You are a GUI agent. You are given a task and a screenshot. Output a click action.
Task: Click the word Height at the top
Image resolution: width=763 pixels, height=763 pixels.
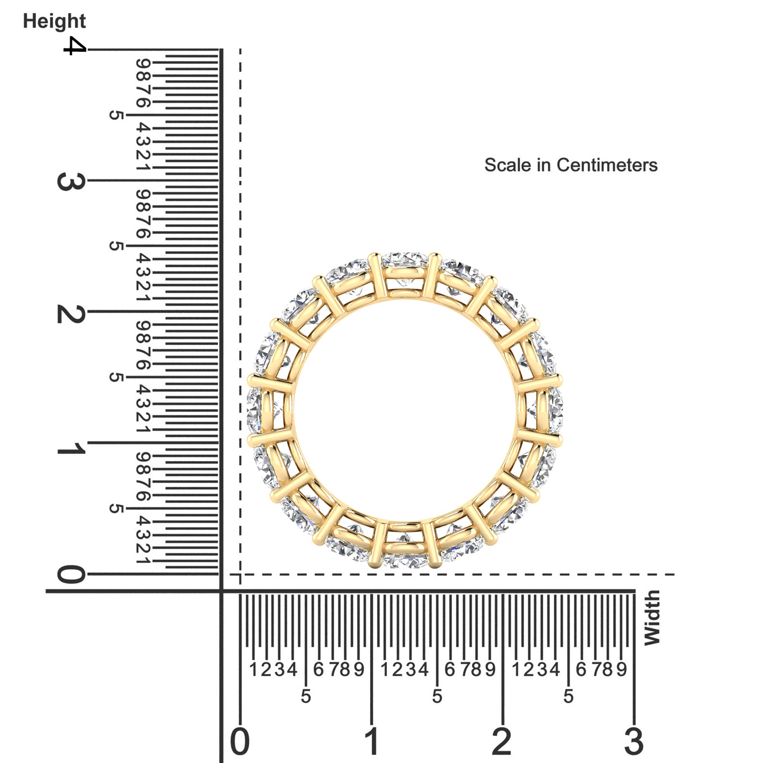click(54, 21)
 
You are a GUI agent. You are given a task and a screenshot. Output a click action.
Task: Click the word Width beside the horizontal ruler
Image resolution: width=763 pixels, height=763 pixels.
click(652, 618)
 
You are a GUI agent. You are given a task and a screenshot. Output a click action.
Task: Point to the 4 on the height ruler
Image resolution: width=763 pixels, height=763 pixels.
click(75, 46)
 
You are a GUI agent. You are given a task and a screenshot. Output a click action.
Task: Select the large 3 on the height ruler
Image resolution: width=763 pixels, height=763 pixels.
click(70, 181)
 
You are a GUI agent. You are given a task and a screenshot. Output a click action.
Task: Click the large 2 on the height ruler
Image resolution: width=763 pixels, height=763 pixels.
click(70, 314)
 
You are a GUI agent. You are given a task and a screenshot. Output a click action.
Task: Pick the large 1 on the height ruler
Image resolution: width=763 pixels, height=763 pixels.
click(70, 449)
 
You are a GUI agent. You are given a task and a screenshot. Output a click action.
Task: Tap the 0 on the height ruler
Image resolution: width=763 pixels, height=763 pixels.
click(70, 574)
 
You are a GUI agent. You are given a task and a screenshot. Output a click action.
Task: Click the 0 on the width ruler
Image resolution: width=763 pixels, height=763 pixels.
click(240, 742)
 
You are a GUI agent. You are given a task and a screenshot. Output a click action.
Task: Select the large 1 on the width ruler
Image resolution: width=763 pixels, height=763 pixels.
click(372, 742)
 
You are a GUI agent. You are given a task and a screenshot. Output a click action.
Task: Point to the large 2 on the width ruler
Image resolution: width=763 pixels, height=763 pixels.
click(502, 742)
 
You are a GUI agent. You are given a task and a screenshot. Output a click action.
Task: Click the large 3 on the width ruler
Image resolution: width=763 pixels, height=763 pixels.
click(634, 742)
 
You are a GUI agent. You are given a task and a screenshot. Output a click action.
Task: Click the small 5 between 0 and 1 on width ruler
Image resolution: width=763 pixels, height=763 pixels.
click(306, 696)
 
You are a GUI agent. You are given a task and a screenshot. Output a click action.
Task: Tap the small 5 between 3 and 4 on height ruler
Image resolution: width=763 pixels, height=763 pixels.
click(116, 115)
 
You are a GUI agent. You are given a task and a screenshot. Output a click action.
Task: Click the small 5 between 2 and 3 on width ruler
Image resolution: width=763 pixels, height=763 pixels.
click(568, 696)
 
